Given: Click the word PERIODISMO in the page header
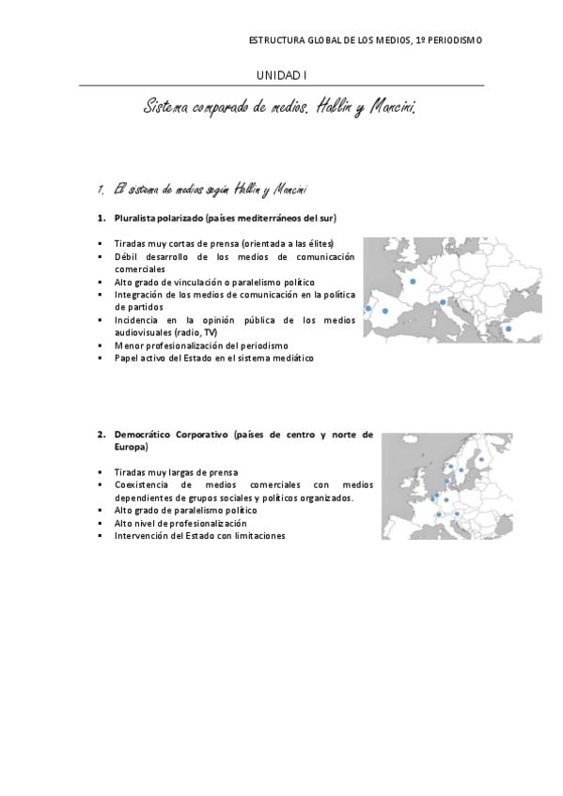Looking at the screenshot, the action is pos(454,40).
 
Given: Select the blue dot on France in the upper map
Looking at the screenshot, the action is pos(413,281).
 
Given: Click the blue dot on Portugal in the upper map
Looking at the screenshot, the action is pos(368,308).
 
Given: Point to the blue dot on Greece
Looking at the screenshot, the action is pos(508,329).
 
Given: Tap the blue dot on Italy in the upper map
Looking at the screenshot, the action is pos(443,302).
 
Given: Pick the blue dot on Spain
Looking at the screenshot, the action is pos(385,311).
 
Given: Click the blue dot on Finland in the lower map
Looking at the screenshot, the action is pos(482,460).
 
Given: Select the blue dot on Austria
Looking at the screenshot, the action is pos(457,513).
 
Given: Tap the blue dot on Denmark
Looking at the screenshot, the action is pos(446,482).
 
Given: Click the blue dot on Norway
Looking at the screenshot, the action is pos(451,467).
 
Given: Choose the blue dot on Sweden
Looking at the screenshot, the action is pos(461,470).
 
